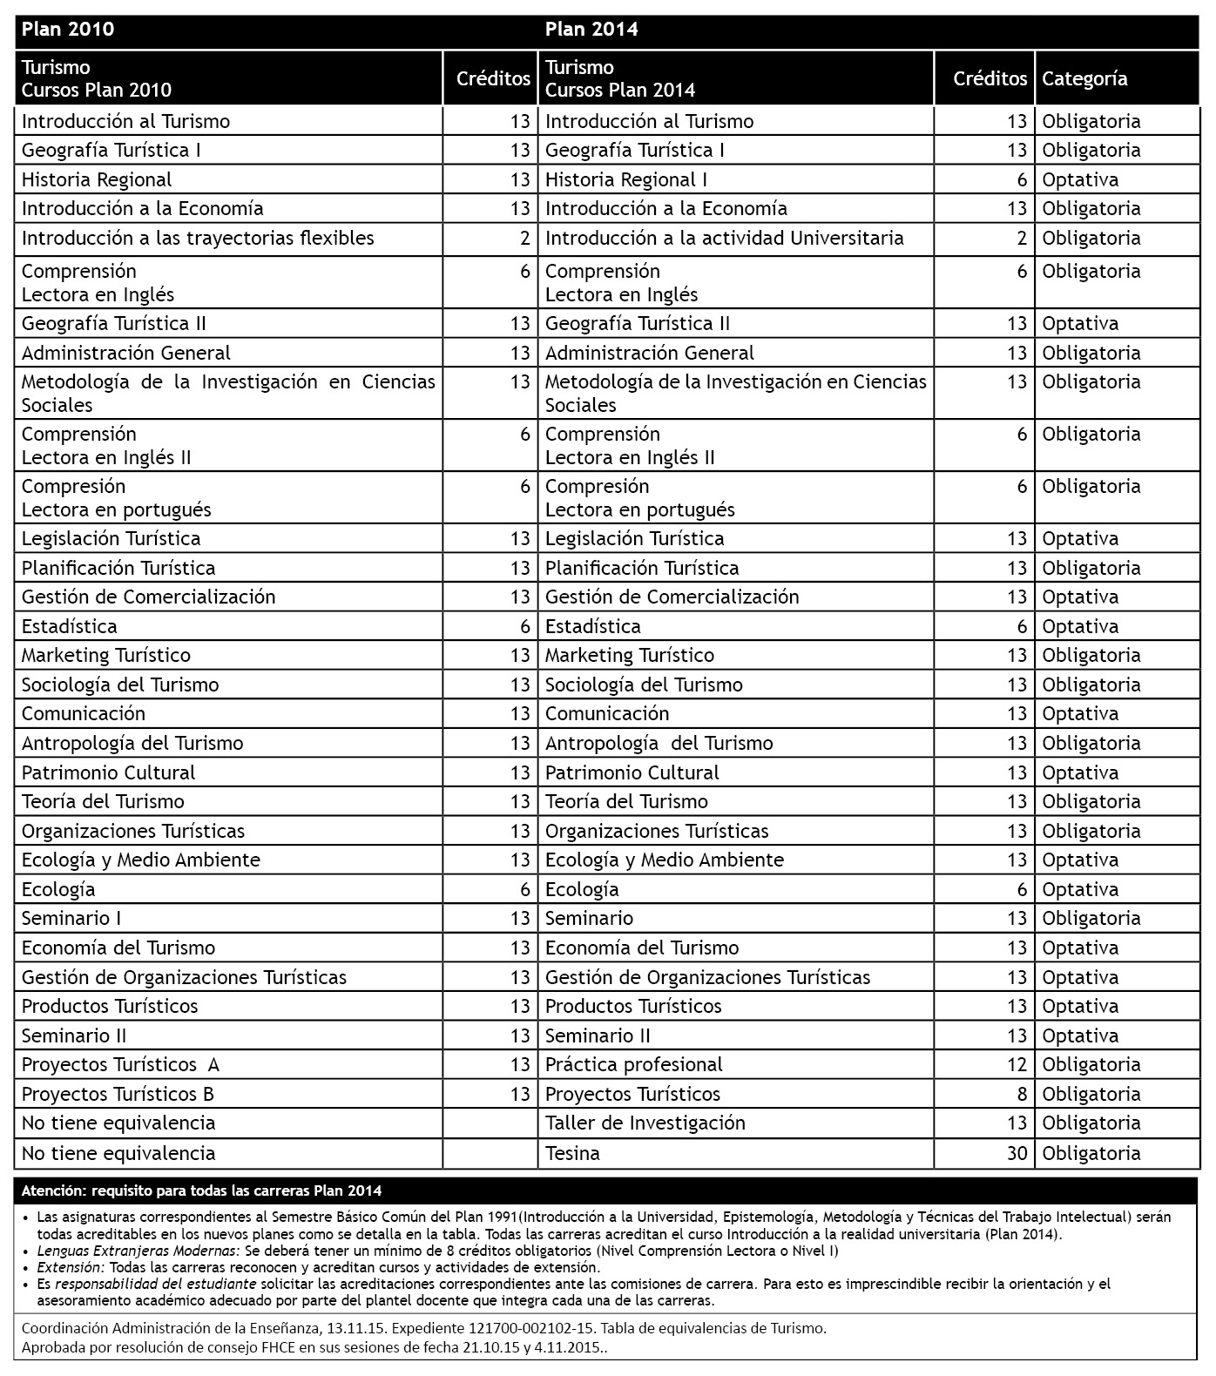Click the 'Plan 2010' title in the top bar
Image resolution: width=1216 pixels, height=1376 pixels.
(x=68, y=30)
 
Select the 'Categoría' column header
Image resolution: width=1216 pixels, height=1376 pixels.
(x=1084, y=79)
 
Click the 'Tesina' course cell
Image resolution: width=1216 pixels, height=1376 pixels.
(x=572, y=1153)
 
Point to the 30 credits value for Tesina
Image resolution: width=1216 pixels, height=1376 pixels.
(x=1017, y=1153)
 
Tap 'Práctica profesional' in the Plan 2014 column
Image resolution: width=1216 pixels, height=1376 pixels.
(x=633, y=1064)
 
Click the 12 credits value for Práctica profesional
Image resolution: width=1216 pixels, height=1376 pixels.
(x=1017, y=1064)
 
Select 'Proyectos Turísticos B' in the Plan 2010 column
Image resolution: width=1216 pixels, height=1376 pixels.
(x=118, y=1094)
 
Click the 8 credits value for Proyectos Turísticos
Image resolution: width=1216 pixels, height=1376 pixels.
(x=1022, y=1094)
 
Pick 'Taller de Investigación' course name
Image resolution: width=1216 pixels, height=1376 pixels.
(x=645, y=1123)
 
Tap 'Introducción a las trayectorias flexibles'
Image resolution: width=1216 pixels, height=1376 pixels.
(x=198, y=238)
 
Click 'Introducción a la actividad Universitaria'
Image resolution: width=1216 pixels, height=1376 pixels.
(x=724, y=238)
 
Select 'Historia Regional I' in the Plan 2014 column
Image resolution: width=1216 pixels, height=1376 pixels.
(x=625, y=179)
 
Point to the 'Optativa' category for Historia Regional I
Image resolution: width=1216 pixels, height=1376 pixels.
(x=1080, y=179)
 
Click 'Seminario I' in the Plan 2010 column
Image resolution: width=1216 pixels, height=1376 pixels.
(x=71, y=918)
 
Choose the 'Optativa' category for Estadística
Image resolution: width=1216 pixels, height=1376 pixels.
(x=1080, y=626)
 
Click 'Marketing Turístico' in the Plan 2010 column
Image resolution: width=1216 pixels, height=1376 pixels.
(x=106, y=655)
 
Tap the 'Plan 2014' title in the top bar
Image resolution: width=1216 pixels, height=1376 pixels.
(x=591, y=30)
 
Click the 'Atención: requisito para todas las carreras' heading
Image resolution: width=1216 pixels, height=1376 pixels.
(x=201, y=1191)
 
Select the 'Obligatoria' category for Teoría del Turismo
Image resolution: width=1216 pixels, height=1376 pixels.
(x=1091, y=801)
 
